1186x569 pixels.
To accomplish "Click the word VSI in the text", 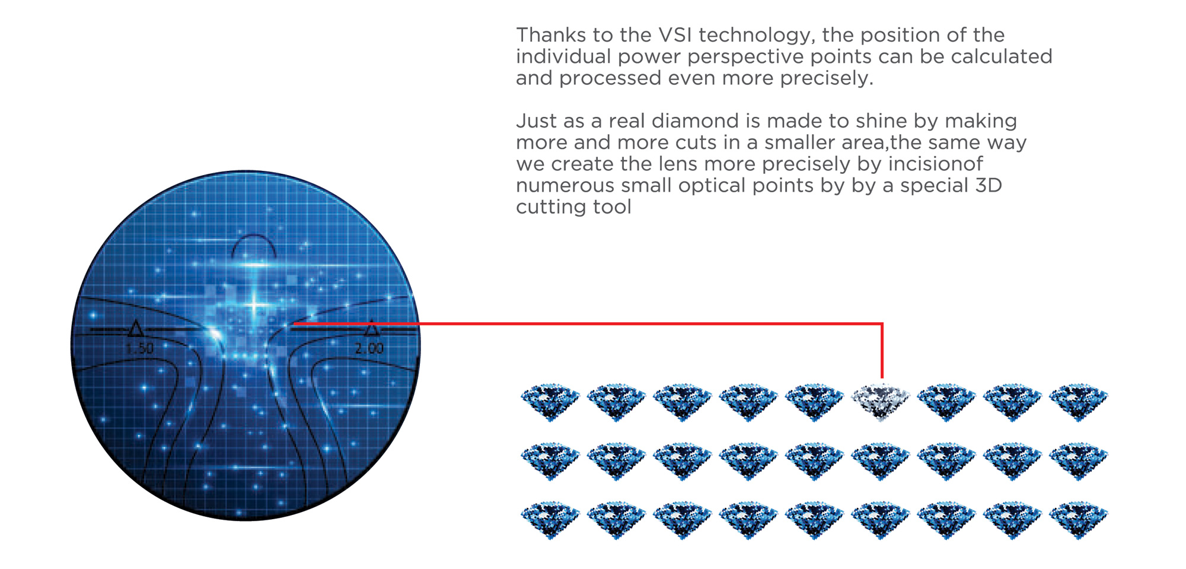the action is (x=675, y=35).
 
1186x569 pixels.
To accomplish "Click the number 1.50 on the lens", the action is (x=139, y=348).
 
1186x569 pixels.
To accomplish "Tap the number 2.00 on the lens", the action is (x=369, y=348).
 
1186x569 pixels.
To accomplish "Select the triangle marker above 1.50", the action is (x=136, y=328).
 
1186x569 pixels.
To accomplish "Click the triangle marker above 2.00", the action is (x=371, y=328).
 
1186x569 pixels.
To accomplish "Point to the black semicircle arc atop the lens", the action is (x=254, y=236).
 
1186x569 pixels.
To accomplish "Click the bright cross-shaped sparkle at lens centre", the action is (x=255, y=306).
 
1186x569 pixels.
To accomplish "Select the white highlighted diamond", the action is (x=881, y=401).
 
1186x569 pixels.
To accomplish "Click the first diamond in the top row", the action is (x=550, y=402).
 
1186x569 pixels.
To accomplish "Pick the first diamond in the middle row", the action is (x=550, y=460).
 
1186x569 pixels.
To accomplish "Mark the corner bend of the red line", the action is (x=882, y=324).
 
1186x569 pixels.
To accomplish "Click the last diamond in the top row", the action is (x=1079, y=402).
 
